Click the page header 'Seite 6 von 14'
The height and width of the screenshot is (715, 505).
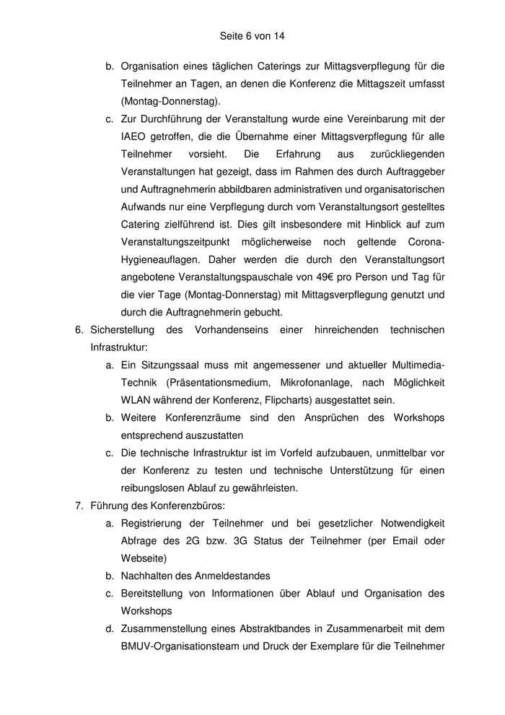coord(252,34)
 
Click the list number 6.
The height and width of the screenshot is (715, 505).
coord(79,329)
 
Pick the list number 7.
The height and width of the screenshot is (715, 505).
coord(79,506)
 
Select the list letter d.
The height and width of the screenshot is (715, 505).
coord(110,628)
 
